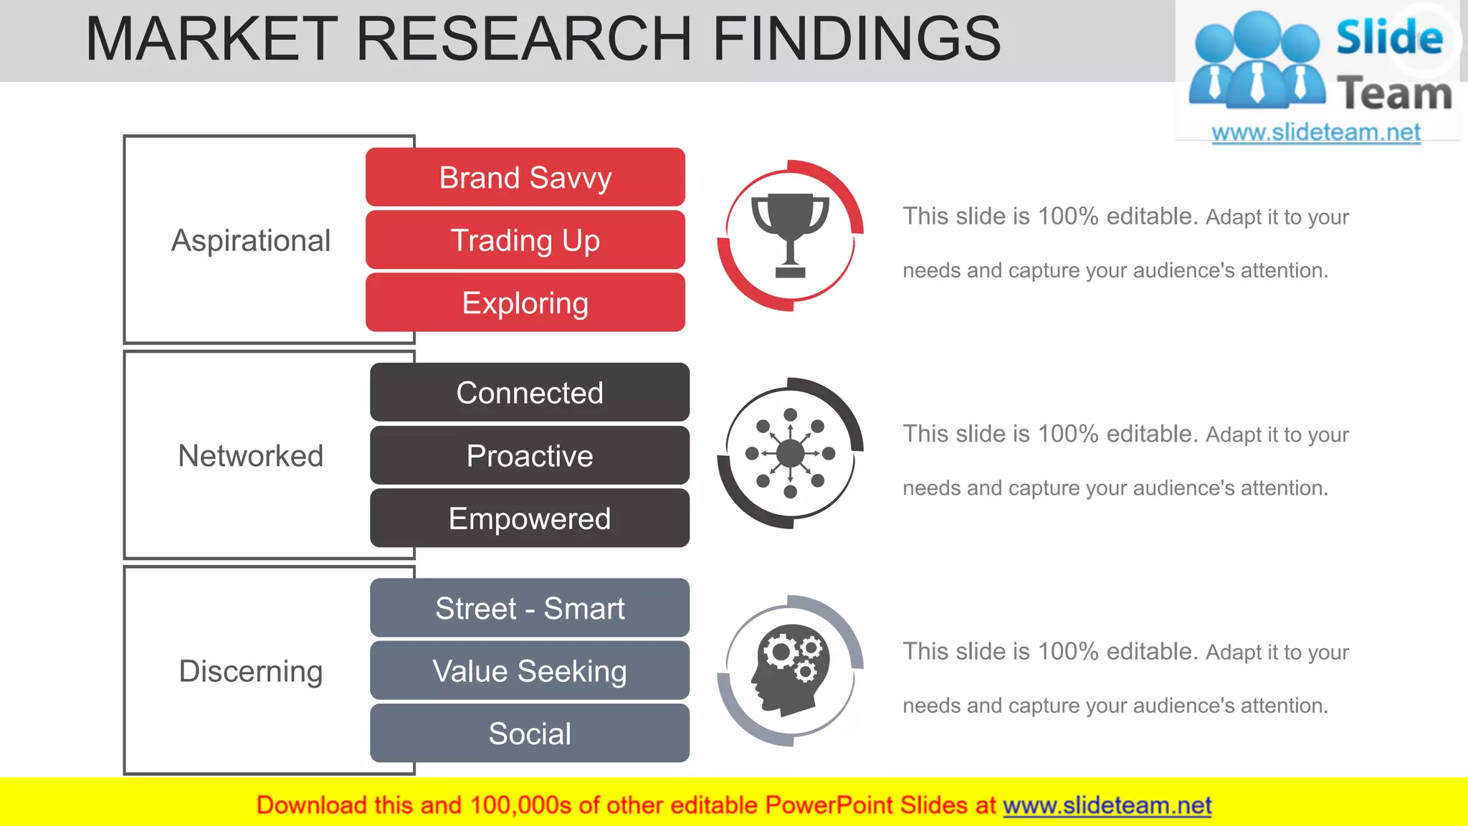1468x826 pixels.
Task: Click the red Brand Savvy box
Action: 525,177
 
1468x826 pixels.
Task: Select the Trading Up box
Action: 525,240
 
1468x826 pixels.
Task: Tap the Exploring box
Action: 525,303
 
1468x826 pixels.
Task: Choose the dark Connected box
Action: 530,392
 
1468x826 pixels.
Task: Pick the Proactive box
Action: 530,455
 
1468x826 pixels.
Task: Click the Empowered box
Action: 530,518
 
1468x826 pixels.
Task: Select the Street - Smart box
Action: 530,608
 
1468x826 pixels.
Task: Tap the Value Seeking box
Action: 530,671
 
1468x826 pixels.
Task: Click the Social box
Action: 530,734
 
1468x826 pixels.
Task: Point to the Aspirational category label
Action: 251,240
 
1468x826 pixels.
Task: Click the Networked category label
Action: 251,456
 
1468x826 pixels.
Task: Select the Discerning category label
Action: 251,671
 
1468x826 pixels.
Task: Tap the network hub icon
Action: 790,453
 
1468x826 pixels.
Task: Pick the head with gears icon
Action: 790,670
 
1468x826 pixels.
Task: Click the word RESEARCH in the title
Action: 524,39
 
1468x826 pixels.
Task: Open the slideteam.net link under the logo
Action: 1316,132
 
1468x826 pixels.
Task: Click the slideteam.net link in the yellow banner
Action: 1107,805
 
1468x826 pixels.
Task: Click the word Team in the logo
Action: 1394,94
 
